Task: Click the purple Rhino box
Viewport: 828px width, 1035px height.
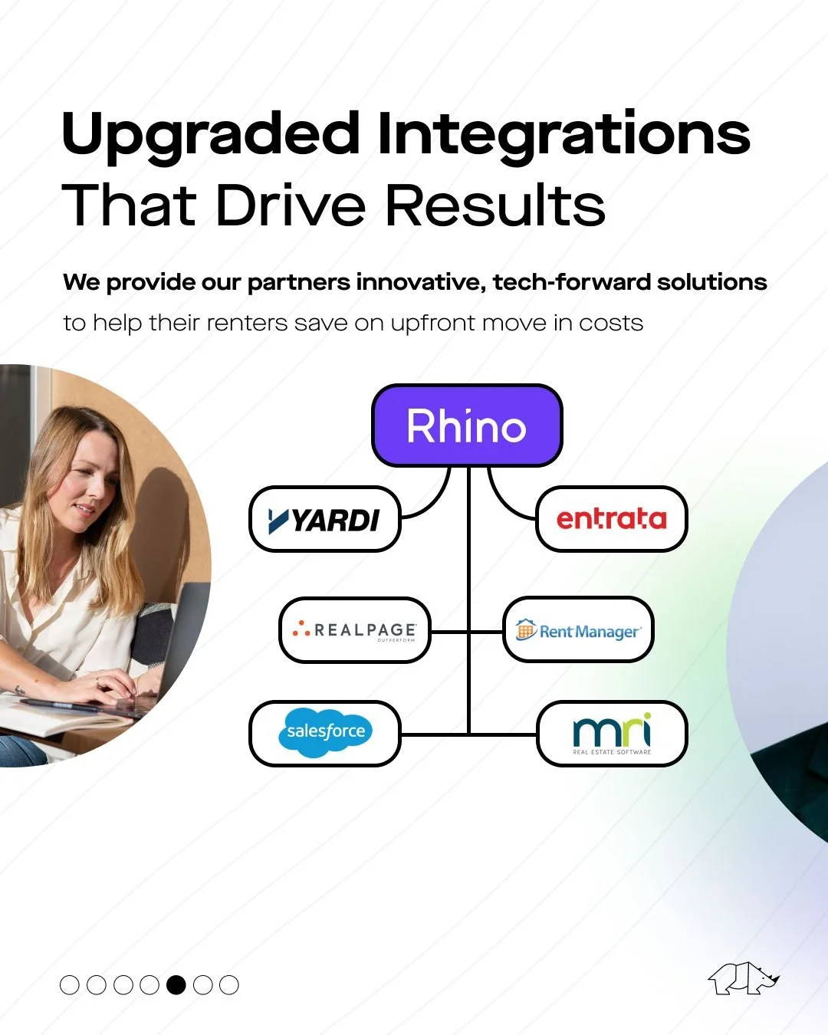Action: pyautogui.click(x=467, y=426)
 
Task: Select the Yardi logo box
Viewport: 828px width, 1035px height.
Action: pyautogui.click(x=325, y=519)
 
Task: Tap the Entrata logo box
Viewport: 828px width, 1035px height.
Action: pyautogui.click(x=611, y=519)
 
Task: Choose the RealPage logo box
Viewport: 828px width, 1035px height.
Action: pyautogui.click(x=354, y=631)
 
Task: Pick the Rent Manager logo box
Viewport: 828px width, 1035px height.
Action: pyautogui.click(x=578, y=631)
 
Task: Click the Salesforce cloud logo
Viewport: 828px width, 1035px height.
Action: pyautogui.click(x=325, y=732)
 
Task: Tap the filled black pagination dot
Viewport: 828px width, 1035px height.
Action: pyautogui.click(x=176, y=985)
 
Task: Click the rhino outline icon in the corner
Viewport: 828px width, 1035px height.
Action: pyautogui.click(x=743, y=978)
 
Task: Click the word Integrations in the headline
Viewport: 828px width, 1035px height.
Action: pyautogui.click(x=563, y=134)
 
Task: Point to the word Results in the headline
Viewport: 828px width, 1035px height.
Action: pyautogui.click(x=495, y=205)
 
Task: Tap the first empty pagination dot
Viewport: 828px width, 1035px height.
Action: pyautogui.click(x=70, y=985)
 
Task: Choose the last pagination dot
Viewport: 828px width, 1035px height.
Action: pyautogui.click(x=229, y=985)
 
